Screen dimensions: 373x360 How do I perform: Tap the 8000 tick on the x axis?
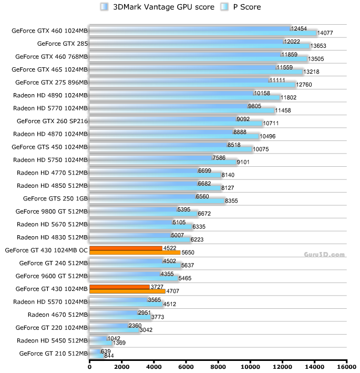coord(218,367)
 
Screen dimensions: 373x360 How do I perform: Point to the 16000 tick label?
coord(347,367)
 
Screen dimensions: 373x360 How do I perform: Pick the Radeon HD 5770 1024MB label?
coord(50,108)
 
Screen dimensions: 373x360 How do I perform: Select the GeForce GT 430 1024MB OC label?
coord(46,250)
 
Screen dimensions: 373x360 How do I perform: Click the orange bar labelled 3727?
coord(119,287)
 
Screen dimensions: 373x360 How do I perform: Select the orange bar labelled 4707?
coord(127,291)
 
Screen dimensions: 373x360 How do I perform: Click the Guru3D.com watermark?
coord(324,255)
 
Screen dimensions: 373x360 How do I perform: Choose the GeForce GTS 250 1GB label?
coord(55,198)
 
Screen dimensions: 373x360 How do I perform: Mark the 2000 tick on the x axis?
coord(121,367)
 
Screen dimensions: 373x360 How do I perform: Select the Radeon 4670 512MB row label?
coord(57,315)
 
